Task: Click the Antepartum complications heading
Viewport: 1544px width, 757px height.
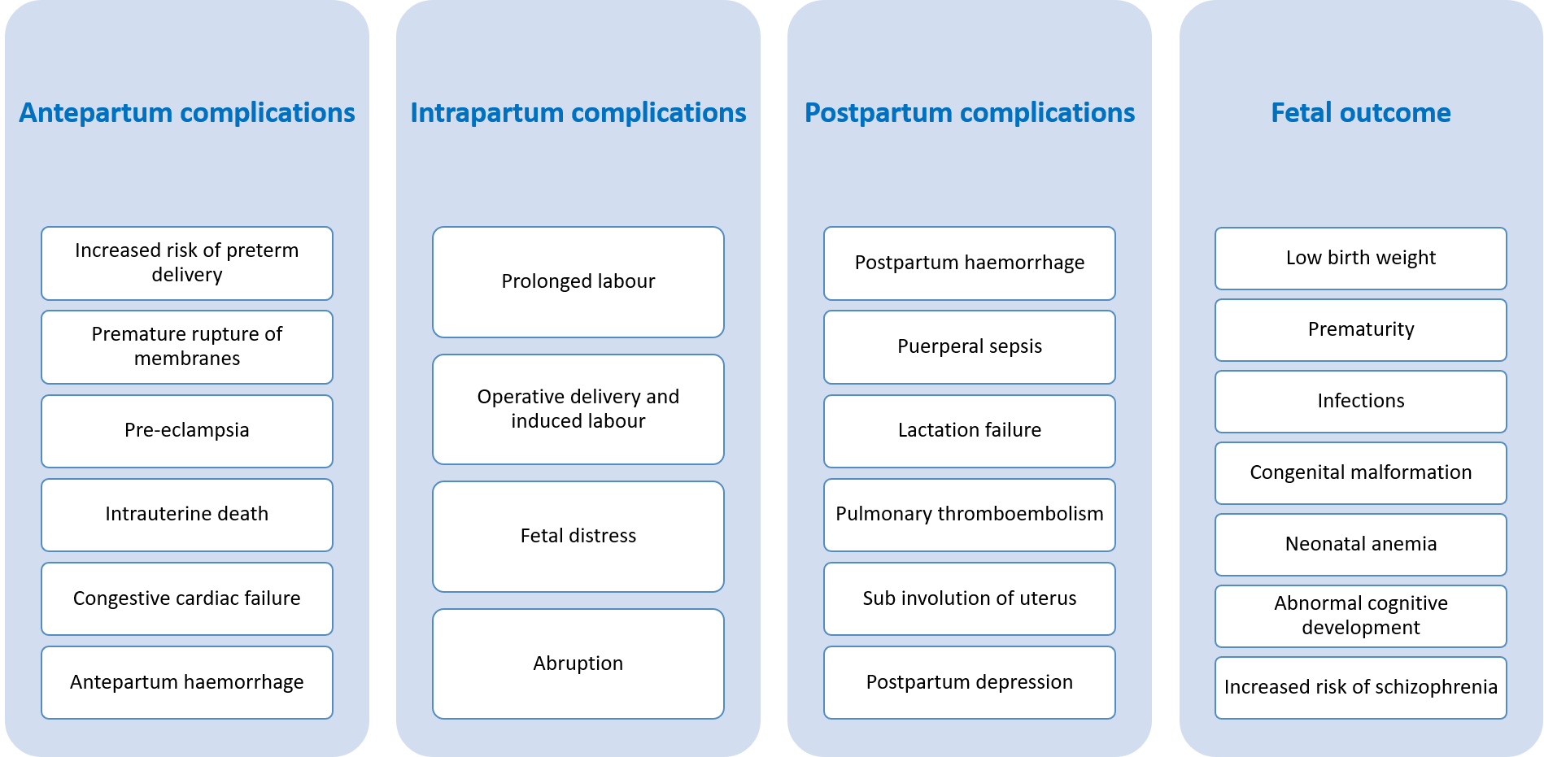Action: pos(187,113)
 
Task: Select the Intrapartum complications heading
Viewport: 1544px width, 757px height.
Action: pos(578,113)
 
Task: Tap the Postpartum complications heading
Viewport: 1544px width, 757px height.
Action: pos(969,113)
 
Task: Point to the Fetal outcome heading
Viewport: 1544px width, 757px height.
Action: pos(1360,113)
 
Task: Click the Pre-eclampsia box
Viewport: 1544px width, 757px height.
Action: pos(187,431)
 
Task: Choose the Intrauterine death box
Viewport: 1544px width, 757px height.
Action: pos(187,515)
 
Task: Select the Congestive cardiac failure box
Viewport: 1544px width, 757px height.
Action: pos(187,598)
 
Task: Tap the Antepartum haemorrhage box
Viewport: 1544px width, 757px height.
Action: pos(187,682)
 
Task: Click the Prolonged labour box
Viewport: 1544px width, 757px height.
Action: pos(578,281)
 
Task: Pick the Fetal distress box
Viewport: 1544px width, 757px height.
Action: pos(578,536)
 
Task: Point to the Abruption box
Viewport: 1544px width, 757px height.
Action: pos(578,663)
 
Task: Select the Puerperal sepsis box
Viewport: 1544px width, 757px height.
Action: pos(969,347)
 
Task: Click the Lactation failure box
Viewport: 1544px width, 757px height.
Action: pos(969,431)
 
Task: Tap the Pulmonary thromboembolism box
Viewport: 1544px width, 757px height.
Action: pos(969,515)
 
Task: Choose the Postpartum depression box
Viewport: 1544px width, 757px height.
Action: pos(969,682)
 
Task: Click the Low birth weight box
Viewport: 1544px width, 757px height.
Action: pos(1360,259)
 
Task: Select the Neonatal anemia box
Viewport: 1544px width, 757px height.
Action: pos(1360,545)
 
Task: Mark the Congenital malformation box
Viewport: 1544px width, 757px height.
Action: pos(1360,473)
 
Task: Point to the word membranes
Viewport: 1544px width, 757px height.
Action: pos(187,359)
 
